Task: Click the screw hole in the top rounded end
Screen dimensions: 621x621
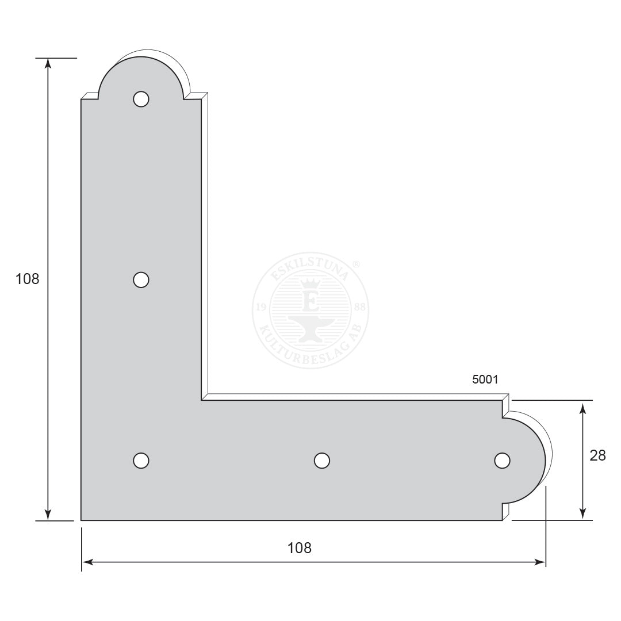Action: point(141,99)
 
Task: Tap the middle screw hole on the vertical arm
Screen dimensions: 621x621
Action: point(141,279)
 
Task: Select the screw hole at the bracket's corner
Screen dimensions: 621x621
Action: point(141,461)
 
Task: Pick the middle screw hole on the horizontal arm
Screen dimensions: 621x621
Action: point(321,461)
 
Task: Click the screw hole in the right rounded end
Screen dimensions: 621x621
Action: point(502,461)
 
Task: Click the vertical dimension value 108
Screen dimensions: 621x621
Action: point(28,279)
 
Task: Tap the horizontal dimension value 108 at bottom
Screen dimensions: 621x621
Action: point(300,548)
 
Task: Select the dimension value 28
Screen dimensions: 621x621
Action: point(597,456)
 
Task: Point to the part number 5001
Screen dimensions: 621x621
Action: point(485,379)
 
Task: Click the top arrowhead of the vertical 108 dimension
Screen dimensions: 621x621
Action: point(48,63)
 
